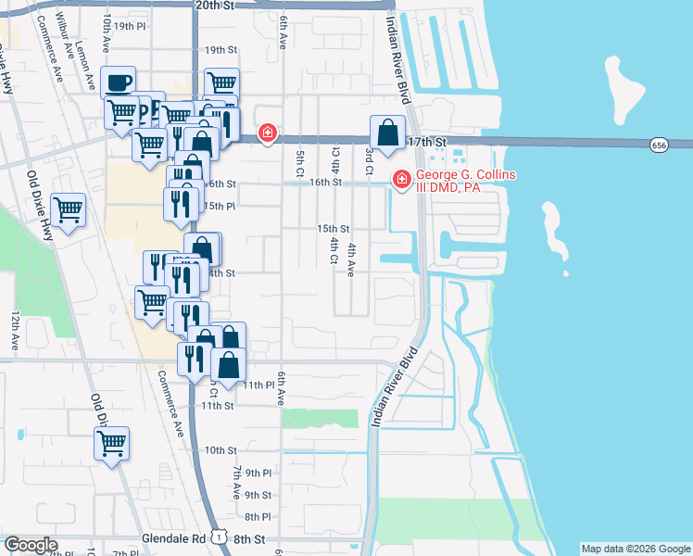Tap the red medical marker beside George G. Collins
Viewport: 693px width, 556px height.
(x=402, y=179)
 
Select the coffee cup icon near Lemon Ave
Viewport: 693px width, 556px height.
(x=120, y=83)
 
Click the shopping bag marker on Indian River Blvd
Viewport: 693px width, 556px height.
(x=386, y=133)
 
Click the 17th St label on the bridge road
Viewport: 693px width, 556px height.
(x=427, y=142)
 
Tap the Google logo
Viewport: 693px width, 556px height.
(x=31, y=545)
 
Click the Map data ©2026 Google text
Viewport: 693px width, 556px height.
(x=635, y=549)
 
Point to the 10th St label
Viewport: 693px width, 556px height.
(x=221, y=450)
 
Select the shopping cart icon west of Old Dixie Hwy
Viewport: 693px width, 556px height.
(x=69, y=210)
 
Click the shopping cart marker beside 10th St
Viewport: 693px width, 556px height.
(x=111, y=443)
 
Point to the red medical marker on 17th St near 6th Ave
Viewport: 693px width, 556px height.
(x=268, y=134)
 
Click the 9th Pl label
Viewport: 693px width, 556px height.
(x=258, y=473)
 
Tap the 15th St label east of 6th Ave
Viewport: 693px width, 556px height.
(x=334, y=228)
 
